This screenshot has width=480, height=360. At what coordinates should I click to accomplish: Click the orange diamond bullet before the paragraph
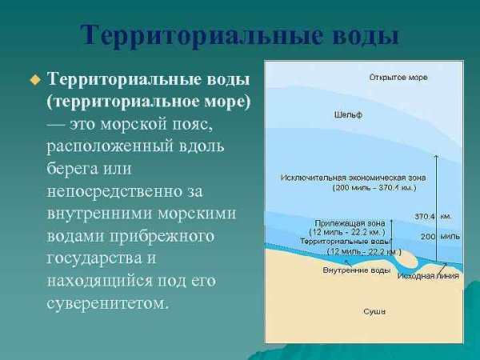tap(34, 79)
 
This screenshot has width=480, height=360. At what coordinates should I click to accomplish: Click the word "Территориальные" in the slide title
tap(186, 36)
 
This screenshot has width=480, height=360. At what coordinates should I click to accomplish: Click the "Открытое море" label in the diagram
tap(398, 78)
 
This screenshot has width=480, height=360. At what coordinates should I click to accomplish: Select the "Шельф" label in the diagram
tap(348, 115)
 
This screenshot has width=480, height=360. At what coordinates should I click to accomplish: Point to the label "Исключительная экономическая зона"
tap(353, 177)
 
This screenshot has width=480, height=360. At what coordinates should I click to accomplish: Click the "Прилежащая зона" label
tap(350, 223)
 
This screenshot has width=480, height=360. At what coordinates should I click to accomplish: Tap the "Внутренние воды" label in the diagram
tap(356, 270)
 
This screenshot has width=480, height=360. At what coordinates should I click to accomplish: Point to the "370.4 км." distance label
tap(433, 216)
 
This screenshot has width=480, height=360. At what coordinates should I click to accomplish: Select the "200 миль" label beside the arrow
tap(439, 237)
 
